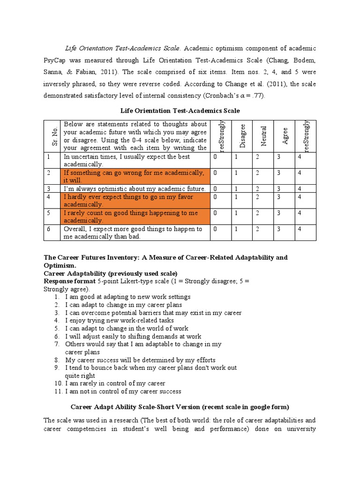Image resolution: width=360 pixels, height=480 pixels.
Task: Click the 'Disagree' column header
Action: (x=243, y=136)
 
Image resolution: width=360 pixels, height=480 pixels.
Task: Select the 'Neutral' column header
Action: (x=264, y=136)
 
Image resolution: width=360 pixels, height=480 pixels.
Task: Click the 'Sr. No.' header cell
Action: (x=52, y=136)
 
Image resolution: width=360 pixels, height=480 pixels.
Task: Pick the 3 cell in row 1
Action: (x=279, y=157)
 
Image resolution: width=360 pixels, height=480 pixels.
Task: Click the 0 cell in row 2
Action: (x=215, y=173)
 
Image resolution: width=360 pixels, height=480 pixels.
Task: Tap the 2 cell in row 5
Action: (x=257, y=213)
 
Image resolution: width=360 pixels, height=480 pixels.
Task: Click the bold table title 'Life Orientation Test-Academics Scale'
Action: (x=180, y=110)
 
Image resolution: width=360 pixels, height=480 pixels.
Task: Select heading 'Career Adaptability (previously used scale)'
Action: (x=111, y=273)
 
